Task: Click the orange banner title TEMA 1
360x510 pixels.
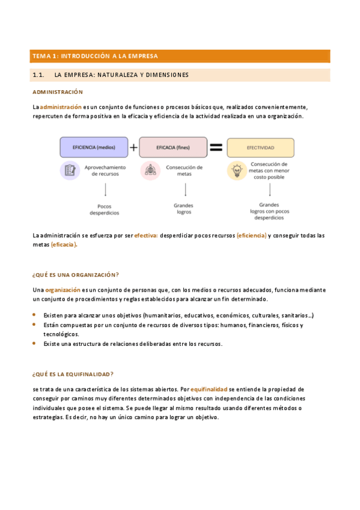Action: (x=95, y=56)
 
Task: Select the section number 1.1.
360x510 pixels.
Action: (x=38, y=75)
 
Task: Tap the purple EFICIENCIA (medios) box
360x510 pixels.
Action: (x=94, y=147)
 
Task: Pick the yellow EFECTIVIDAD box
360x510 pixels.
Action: (x=260, y=147)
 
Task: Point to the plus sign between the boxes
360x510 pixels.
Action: (x=133, y=147)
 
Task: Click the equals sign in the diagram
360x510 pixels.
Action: (x=216, y=147)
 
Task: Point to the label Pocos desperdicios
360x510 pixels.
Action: (x=105, y=209)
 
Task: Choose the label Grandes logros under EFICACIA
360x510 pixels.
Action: (x=184, y=209)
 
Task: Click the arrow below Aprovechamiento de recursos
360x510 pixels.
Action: (x=105, y=189)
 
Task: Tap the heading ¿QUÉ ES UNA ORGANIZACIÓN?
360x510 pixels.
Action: (x=75, y=274)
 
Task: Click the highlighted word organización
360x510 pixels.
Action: (x=62, y=289)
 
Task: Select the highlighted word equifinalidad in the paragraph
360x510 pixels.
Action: (x=209, y=389)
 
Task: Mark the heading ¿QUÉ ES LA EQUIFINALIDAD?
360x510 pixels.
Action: (x=73, y=373)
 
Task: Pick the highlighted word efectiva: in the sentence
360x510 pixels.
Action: (x=145, y=235)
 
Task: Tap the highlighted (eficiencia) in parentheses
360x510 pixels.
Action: (x=251, y=235)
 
